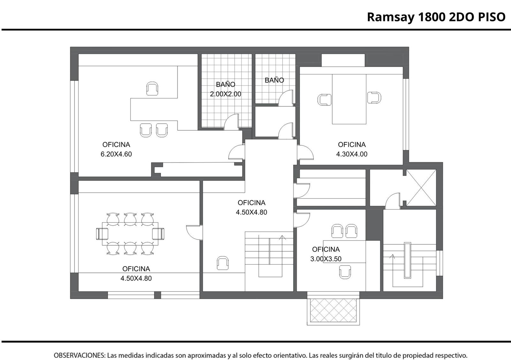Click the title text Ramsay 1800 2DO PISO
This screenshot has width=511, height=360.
point(436,17)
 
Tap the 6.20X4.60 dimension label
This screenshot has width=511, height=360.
point(116,154)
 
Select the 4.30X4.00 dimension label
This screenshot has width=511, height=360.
point(352,154)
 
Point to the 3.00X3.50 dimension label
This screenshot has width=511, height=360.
point(326,259)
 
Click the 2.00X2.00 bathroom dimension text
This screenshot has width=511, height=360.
point(225,94)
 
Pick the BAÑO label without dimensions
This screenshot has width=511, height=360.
point(274,80)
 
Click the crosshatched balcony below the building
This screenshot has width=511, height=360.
point(333,312)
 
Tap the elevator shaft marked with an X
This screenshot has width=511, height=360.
point(421,188)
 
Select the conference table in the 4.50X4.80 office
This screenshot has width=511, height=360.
point(130,234)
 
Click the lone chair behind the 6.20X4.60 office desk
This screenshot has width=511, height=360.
point(152,88)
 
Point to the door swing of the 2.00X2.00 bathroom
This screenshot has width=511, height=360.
point(231,122)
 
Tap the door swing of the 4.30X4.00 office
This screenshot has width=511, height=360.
point(305,152)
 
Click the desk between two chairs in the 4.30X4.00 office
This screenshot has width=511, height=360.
point(349,99)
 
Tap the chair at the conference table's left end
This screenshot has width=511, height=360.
point(102,234)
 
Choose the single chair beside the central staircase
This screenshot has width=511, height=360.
point(222,263)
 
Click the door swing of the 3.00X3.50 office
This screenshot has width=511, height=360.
point(301,220)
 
